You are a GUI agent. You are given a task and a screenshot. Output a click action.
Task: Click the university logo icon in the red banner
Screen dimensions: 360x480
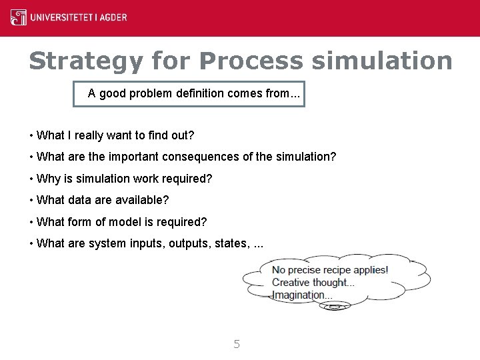click(x=19, y=17)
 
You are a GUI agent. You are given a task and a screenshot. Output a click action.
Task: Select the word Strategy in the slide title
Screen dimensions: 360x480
click(x=86, y=61)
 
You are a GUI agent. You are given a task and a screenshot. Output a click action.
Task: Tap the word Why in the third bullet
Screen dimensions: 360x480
click(x=49, y=179)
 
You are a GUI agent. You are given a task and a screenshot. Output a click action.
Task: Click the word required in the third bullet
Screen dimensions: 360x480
click(x=189, y=179)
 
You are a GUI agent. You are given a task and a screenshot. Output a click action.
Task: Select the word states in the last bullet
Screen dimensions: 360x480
click(x=230, y=243)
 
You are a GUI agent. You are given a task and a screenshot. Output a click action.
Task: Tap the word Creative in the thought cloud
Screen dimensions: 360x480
click(x=292, y=283)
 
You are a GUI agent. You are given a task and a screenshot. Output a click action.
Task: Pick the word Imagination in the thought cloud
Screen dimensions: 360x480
click(x=298, y=295)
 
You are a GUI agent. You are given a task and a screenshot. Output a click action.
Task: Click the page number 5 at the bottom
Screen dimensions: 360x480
click(x=237, y=344)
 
